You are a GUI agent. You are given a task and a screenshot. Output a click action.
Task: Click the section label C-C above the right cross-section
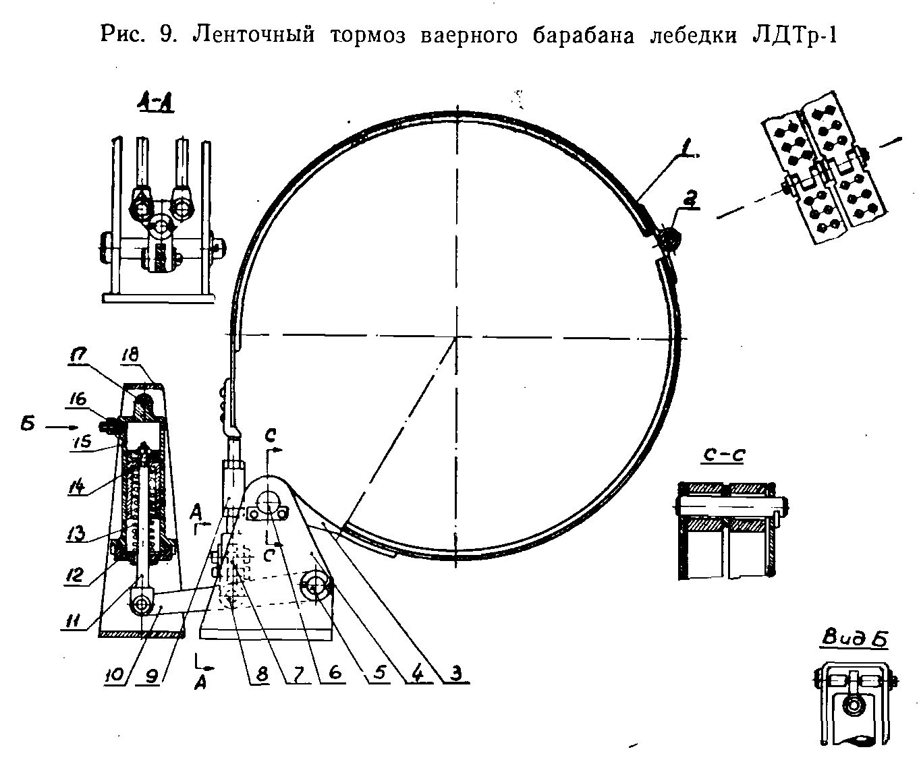(723, 455)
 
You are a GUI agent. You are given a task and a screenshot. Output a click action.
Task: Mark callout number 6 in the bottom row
(335, 672)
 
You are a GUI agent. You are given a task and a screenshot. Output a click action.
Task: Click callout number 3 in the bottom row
(455, 672)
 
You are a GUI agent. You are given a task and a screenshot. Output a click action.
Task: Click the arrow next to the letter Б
(61, 427)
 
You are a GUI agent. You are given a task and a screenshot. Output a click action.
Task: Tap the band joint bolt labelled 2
(669, 238)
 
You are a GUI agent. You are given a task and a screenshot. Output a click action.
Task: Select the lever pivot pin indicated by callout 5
(315, 585)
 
